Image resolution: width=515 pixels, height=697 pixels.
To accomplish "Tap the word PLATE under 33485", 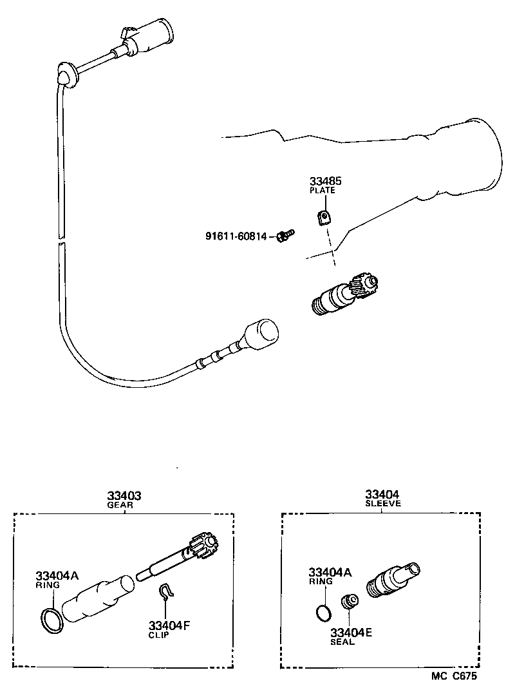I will click(x=323, y=191).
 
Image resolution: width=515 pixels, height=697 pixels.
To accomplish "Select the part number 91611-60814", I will click(x=236, y=236).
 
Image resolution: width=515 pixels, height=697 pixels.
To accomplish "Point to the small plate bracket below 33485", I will click(x=325, y=218).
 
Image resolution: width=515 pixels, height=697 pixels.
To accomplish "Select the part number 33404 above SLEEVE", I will click(x=382, y=494).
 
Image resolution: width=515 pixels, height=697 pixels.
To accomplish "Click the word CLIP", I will click(x=158, y=635).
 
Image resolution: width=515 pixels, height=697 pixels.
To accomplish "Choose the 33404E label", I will click(x=351, y=633).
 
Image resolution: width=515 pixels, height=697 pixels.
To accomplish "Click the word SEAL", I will click(x=342, y=642).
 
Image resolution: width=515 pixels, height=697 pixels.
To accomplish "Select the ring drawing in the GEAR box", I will click(x=51, y=620).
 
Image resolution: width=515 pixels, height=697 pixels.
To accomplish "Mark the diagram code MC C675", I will click(x=454, y=676).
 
